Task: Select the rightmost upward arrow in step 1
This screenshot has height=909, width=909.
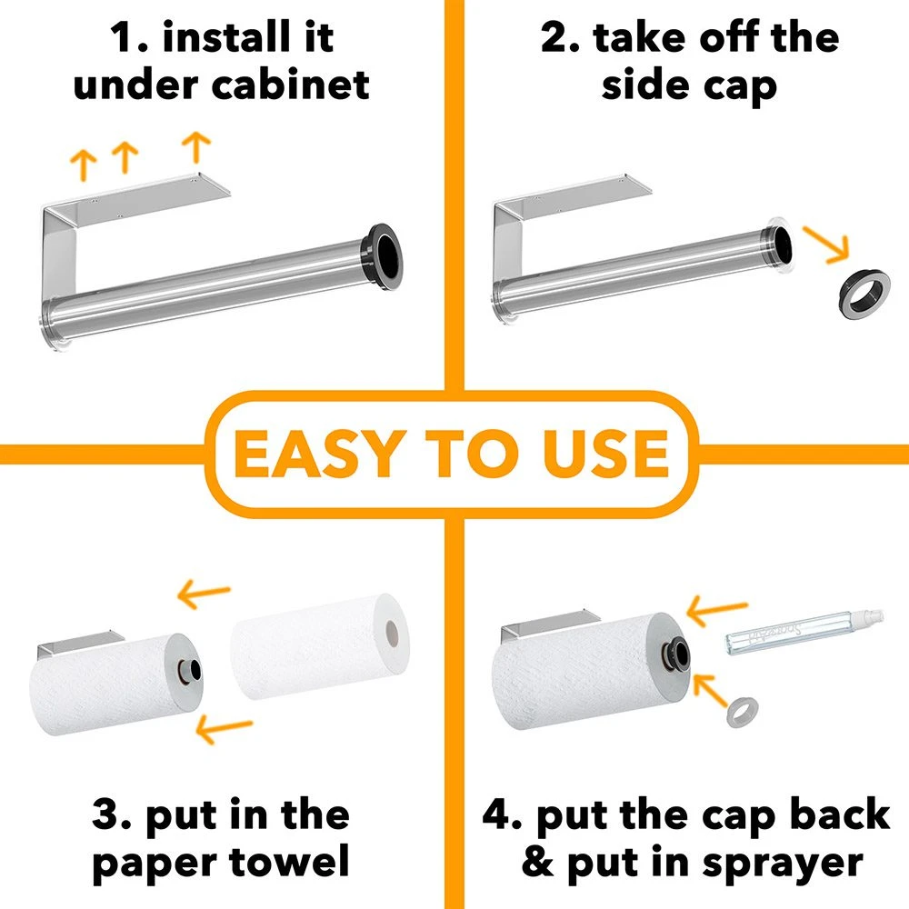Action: [195, 146]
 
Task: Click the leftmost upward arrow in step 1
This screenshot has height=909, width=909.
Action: [84, 165]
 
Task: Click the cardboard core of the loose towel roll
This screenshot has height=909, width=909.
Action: [393, 630]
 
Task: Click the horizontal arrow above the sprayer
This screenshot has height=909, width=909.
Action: [718, 610]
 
